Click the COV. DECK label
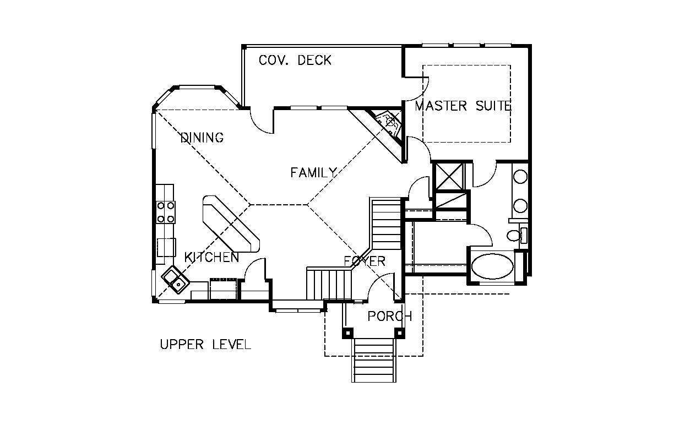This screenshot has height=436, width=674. [295, 60]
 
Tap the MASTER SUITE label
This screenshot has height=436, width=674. [463, 106]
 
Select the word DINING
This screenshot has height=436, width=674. [202, 138]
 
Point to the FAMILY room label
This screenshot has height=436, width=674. [313, 172]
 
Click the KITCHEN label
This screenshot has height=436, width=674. [211, 257]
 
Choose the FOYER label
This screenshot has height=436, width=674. [365, 261]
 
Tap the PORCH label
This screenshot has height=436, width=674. [390, 316]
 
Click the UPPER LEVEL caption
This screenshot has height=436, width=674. [205, 344]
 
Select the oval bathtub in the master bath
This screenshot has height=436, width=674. [492, 266]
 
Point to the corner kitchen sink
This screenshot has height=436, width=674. [176, 280]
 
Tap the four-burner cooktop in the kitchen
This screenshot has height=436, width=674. [166, 212]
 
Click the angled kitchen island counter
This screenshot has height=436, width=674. [231, 224]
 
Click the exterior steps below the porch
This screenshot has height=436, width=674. [374, 361]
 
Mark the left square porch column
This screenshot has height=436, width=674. [347, 333]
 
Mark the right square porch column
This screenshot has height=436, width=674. [400, 333]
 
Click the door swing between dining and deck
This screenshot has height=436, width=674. [261, 122]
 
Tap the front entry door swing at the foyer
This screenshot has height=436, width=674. [381, 287]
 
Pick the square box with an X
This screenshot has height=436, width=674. [449, 177]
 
